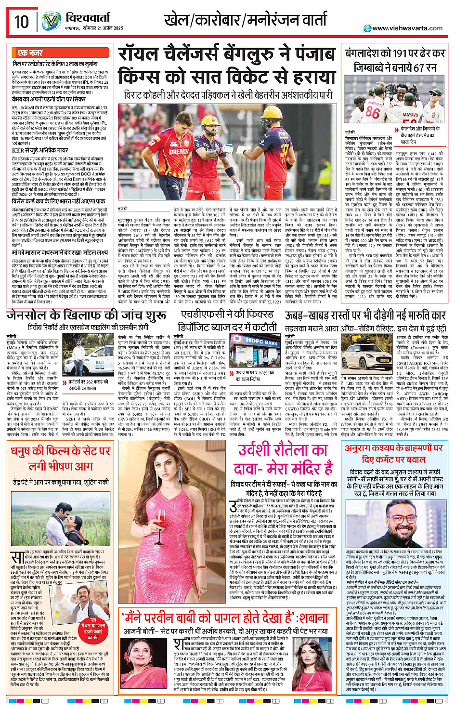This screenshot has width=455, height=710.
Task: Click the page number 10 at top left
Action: tap(22, 22)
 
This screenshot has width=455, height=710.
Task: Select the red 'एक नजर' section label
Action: tap(30, 53)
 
